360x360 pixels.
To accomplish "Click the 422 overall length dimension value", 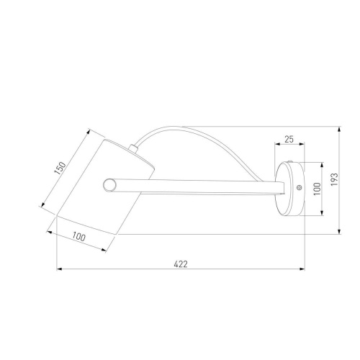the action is [x=181, y=264].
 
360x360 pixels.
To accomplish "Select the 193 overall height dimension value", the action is [x=334, y=179].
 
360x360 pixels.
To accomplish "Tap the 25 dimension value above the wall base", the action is [x=289, y=139].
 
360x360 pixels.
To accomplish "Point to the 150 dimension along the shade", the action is [x=60, y=168].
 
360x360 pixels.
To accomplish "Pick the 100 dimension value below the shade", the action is [x=78, y=237].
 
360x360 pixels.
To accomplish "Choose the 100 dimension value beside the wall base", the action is [x=317, y=189].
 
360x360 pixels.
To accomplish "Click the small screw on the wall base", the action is [x=299, y=187].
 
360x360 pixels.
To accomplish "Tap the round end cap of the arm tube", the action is [x=109, y=185].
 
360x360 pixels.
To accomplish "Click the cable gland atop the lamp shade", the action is [x=132, y=148].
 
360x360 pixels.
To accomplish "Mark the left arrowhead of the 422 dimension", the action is [x=59, y=269].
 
